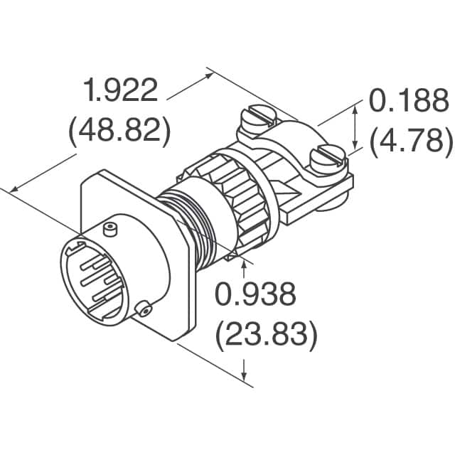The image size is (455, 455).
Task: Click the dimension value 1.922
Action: [119, 92]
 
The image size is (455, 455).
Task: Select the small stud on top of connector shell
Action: [108, 229]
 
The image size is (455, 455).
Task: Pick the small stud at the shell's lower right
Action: [145, 309]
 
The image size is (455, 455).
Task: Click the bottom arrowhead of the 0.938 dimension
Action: [245, 377]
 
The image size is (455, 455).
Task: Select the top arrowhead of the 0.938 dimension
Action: [245, 265]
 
